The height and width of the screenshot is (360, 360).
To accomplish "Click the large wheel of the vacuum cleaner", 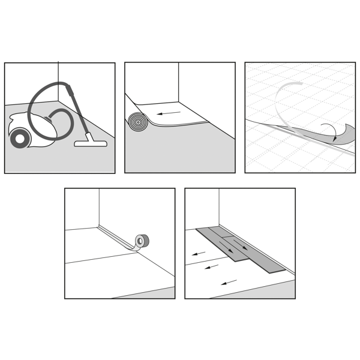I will click(20, 138).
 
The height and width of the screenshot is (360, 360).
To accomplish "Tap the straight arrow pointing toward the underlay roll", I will click(174, 112).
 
